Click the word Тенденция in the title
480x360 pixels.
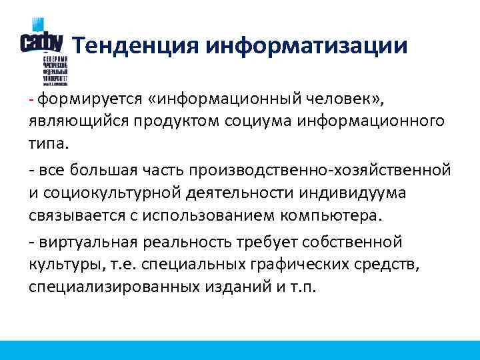[135, 45]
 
